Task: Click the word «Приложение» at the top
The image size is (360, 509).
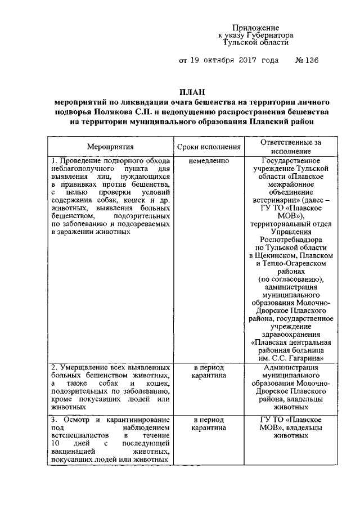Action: click(256, 28)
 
